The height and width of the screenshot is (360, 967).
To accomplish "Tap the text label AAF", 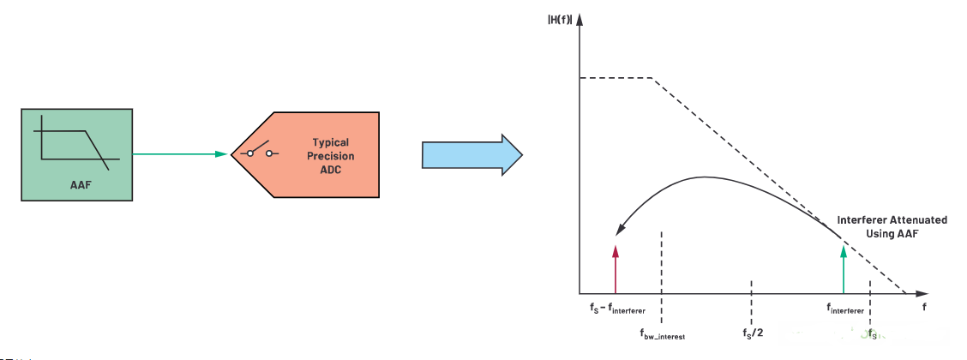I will (77, 183).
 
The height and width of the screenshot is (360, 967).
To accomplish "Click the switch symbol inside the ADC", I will (259, 153).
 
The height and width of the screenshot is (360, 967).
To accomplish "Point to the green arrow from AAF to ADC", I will (180, 154).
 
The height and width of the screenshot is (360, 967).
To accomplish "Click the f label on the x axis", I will (924, 305).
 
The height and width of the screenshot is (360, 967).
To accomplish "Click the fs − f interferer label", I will (612, 308).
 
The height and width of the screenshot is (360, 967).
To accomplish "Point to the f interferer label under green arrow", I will (845, 308).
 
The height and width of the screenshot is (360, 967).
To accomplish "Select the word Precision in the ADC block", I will (331, 156).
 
